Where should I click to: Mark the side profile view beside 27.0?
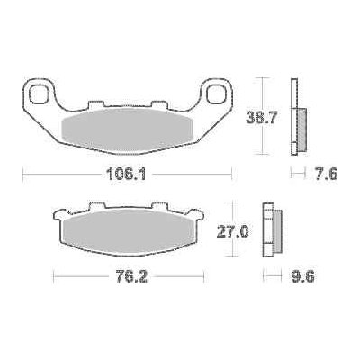point(269,230)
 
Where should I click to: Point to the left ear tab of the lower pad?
point(58,217)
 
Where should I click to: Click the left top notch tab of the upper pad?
point(94,102)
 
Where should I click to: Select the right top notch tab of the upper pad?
point(162,102)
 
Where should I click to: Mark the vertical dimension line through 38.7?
point(261,90)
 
